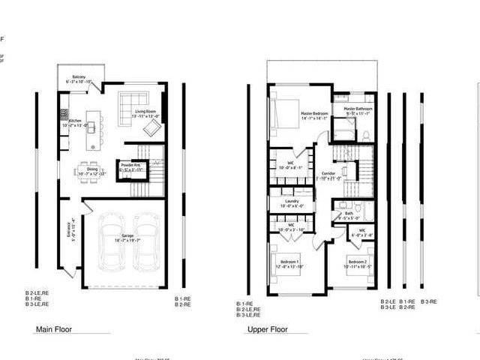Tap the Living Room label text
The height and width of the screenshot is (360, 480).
pyautogui.click(x=145, y=114)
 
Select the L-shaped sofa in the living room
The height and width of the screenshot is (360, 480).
pyautogui.click(x=134, y=101)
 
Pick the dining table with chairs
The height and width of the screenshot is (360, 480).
pyautogui.click(x=88, y=170)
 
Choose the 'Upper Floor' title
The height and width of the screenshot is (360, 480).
pyautogui.click(x=268, y=328)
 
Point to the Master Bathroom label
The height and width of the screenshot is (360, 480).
pyautogui.click(x=358, y=111)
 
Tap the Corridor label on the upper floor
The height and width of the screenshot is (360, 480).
pyautogui.click(x=328, y=175)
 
